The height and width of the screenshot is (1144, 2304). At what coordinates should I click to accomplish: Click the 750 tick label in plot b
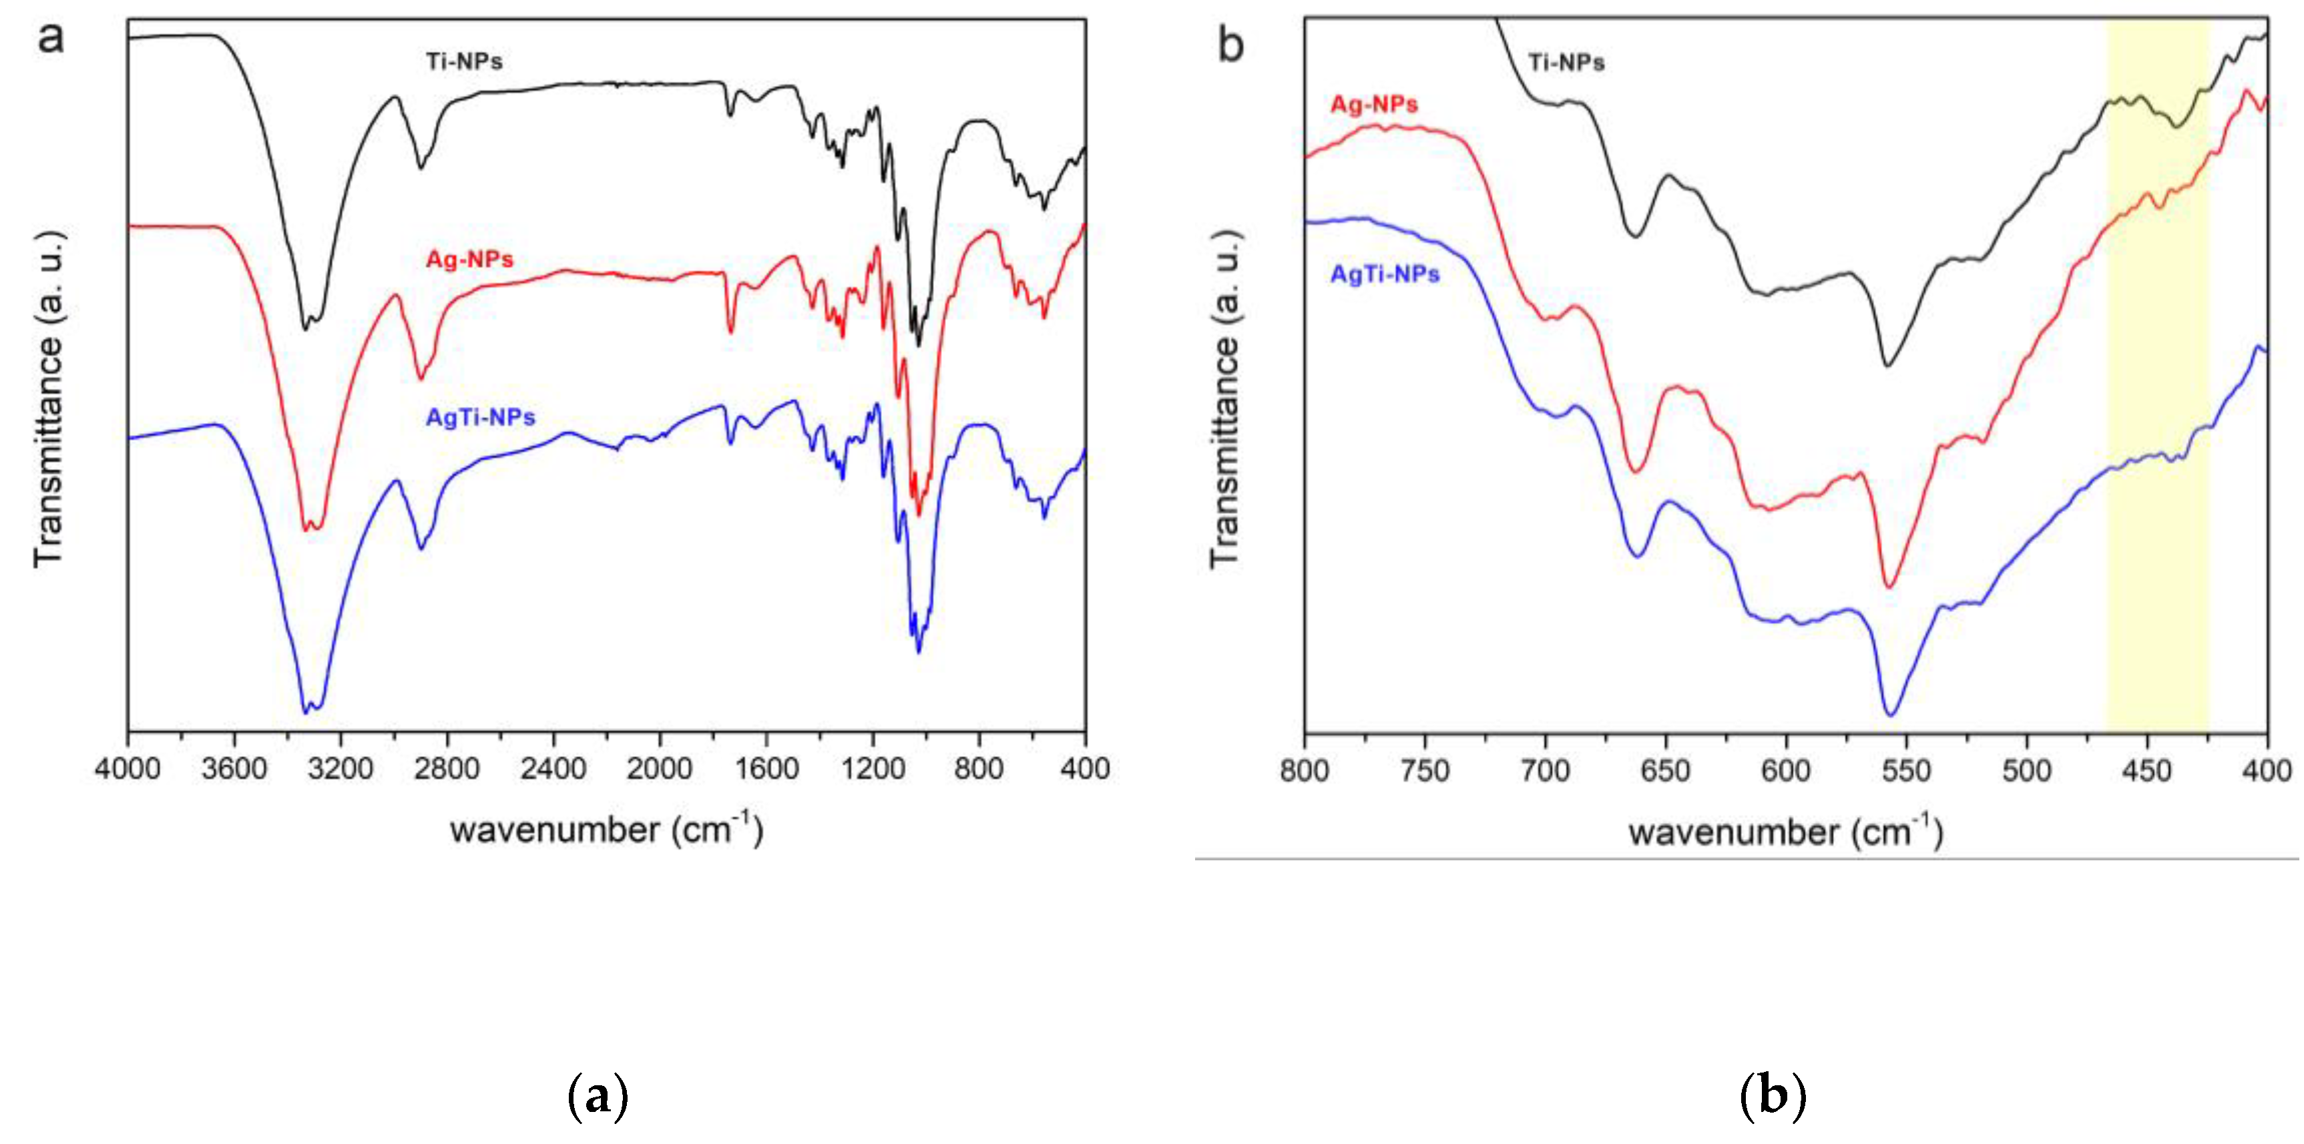1425,771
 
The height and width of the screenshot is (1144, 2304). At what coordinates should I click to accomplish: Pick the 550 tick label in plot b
1906,771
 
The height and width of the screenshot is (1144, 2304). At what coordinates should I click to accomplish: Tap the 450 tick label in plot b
2146,771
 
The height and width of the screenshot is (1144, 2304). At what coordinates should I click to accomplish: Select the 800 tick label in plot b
1305,771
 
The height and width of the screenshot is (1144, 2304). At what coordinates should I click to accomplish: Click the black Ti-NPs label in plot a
463,61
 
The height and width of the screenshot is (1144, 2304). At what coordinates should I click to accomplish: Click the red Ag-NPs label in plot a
469,260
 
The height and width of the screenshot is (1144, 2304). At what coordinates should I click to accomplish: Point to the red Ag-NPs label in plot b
1374,105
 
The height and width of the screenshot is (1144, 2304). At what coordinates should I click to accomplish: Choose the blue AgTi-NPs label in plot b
1385,274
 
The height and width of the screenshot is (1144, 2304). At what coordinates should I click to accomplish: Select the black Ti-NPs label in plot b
1566,63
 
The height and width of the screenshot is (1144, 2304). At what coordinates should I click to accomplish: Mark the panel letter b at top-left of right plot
1230,45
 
